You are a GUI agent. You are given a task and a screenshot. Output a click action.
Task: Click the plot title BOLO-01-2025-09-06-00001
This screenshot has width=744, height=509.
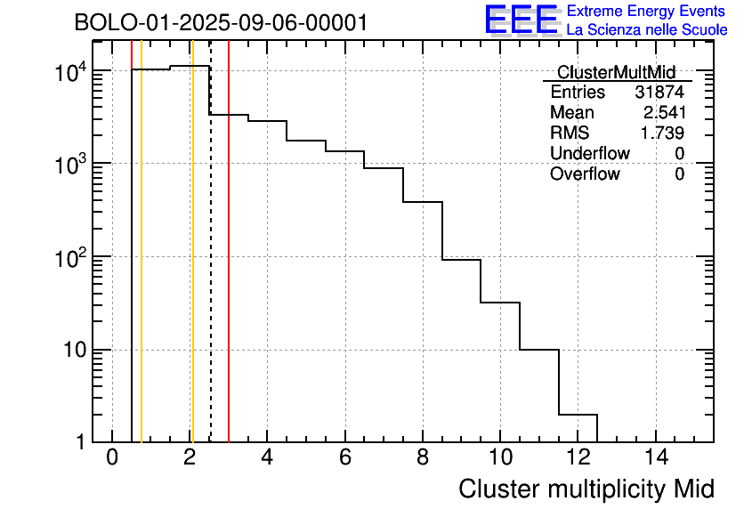[x=221, y=23]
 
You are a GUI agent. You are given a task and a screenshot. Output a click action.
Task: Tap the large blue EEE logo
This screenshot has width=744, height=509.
[x=522, y=20]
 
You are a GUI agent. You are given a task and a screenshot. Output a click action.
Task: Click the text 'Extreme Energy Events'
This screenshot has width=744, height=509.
[x=646, y=12]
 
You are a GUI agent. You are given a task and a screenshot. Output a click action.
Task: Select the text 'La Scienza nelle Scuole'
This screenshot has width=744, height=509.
[x=646, y=30]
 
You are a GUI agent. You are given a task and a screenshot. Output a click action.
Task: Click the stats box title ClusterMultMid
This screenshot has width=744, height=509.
[x=616, y=72]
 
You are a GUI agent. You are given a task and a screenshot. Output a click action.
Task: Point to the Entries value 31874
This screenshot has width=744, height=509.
[x=659, y=93]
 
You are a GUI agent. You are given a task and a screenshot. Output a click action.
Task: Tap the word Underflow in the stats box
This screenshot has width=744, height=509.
[x=589, y=154]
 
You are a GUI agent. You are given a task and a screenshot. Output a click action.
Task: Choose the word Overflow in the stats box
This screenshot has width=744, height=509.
[x=585, y=174]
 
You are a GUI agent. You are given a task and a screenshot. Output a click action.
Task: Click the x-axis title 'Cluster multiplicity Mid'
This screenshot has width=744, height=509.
[x=586, y=489]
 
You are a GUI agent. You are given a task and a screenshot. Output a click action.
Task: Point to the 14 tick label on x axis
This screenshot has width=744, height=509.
[x=655, y=458]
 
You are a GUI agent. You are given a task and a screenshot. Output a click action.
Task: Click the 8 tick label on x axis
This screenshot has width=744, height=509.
[x=423, y=458]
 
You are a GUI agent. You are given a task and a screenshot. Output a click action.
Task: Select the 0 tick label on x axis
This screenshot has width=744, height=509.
[x=112, y=458]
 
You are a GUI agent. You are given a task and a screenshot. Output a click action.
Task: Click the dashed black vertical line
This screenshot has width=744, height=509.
[x=211, y=267]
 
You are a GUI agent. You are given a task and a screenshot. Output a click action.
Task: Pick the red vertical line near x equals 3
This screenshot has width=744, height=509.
[x=229, y=267]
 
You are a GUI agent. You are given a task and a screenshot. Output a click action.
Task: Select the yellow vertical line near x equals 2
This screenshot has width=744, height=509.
[x=191, y=267]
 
